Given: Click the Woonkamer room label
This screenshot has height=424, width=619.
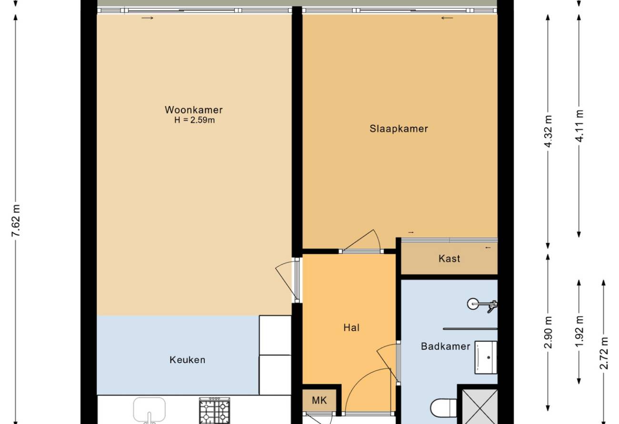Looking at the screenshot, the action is coord(193,110).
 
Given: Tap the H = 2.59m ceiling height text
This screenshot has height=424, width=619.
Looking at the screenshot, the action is coord(195,120).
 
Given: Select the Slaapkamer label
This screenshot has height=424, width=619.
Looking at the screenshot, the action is coord(399,129).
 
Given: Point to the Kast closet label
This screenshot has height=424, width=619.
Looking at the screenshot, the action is coord(449,259).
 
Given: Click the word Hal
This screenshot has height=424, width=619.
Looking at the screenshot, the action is coord(351,328).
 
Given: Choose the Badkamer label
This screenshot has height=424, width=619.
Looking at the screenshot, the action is coord(446,346).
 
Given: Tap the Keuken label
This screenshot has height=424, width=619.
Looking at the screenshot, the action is coord(187,360).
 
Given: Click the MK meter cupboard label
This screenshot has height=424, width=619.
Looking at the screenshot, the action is coord(319,400).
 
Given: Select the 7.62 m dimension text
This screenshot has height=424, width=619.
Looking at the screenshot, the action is coord(16,221).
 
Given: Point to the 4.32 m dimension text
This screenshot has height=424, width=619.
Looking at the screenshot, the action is coord(548,131).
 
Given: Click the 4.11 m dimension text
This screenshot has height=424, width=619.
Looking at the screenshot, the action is coord(579,126).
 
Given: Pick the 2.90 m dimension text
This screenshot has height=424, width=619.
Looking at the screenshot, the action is coord(548,332).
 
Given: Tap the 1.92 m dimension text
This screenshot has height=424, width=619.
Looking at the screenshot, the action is coord(579,332).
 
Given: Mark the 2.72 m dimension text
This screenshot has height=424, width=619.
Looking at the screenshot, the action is coord(604,353).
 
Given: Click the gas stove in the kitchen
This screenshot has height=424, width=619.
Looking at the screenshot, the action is coord(214,411).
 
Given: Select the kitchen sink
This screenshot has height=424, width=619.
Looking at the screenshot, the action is coord(150,411).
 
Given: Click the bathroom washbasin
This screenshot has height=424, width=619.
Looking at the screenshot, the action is coord(486,357).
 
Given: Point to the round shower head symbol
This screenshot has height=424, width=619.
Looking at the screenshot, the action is coord(473,304).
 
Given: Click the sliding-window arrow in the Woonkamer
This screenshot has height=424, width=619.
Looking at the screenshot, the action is coord(147,18).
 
